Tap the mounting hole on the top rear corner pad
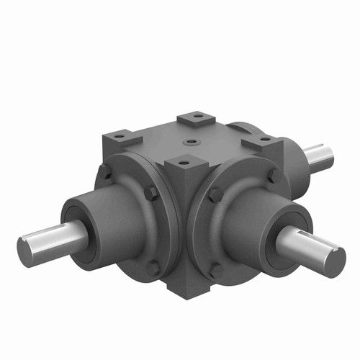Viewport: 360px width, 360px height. coord(192,117)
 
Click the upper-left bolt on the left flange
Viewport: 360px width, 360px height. coord(105,172)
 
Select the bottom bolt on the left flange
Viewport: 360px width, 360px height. coord(153,269)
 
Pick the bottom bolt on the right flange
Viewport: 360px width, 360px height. coord(215,271)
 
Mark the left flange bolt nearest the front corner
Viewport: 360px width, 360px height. coord(150,194)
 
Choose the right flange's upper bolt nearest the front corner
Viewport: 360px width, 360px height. coord(214,194)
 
